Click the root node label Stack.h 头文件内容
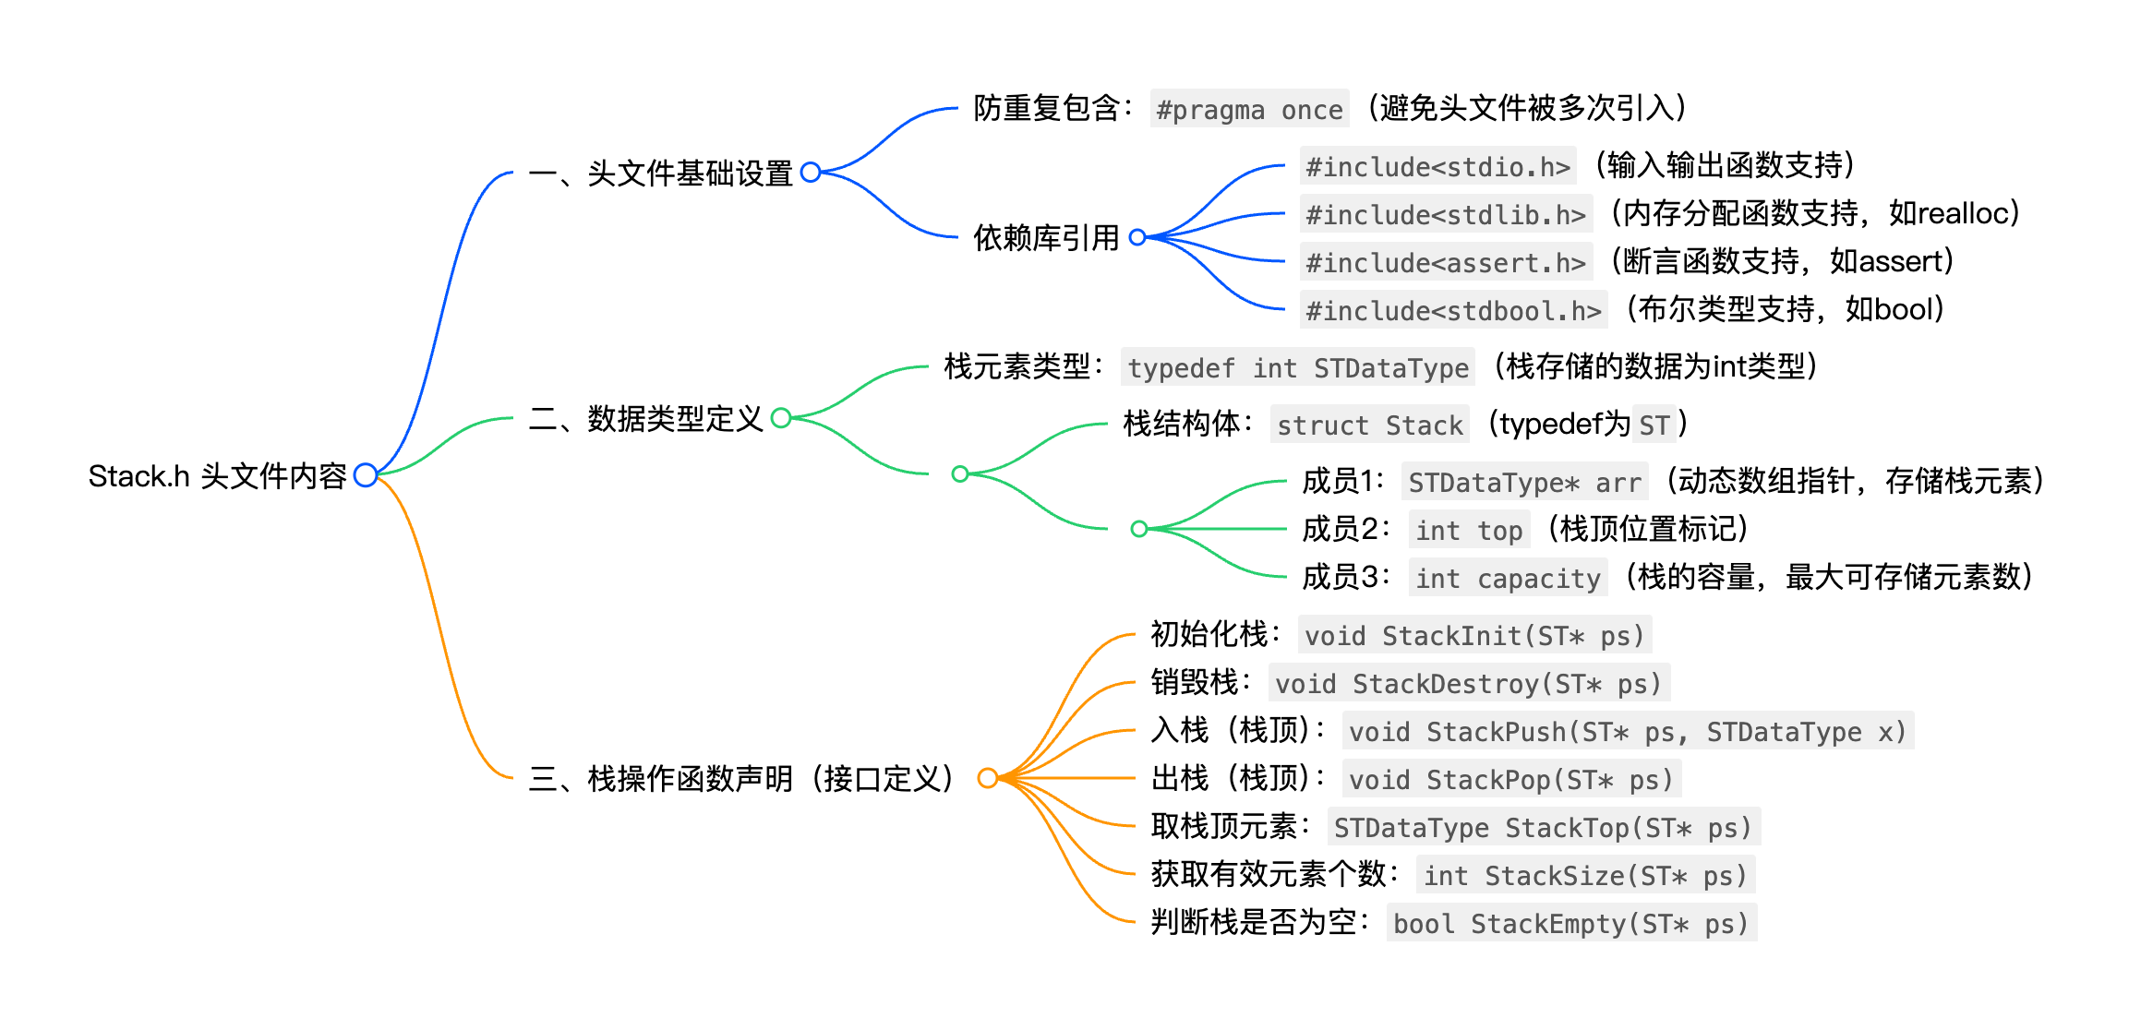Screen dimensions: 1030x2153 point(217,476)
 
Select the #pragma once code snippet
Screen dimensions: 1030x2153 point(1249,110)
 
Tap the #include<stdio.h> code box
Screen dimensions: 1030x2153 point(1437,167)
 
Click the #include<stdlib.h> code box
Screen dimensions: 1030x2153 point(1445,215)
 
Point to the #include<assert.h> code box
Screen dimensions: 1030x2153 point(1445,263)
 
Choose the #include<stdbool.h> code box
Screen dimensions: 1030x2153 point(1453,311)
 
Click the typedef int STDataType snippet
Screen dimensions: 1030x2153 point(1297,368)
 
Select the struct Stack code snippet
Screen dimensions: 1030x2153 point(1369,425)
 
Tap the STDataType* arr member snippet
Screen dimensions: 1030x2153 point(1524,483)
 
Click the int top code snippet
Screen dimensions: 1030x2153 point(1469,531)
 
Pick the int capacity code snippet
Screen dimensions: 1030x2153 point(1508,579)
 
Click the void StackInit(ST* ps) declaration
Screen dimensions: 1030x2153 point(1474,636)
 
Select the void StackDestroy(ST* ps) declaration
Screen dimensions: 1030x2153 point(1468,684)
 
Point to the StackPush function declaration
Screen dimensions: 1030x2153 point(1627,732)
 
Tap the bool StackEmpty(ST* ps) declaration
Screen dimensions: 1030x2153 point(1570,924)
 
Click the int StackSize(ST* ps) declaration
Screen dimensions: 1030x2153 point(1584,876)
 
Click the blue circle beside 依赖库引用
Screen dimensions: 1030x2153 point(1137,237)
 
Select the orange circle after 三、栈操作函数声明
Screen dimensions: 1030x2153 point(987,778)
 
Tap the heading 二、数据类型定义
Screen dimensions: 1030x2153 point(645,419)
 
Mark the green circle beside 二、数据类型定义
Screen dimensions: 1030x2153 point(781,418)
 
